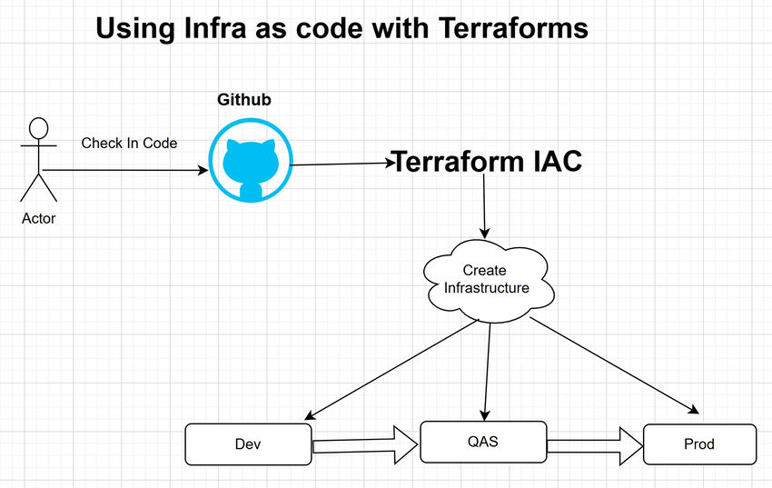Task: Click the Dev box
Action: coord(248,444)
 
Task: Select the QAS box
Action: coord(483,442)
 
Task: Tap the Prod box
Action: coord(698,444)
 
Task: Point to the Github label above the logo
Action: coord(243,100)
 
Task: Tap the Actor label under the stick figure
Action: coord(38,218)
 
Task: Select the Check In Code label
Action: coord(129,144)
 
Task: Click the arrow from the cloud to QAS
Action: coord(488,368)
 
